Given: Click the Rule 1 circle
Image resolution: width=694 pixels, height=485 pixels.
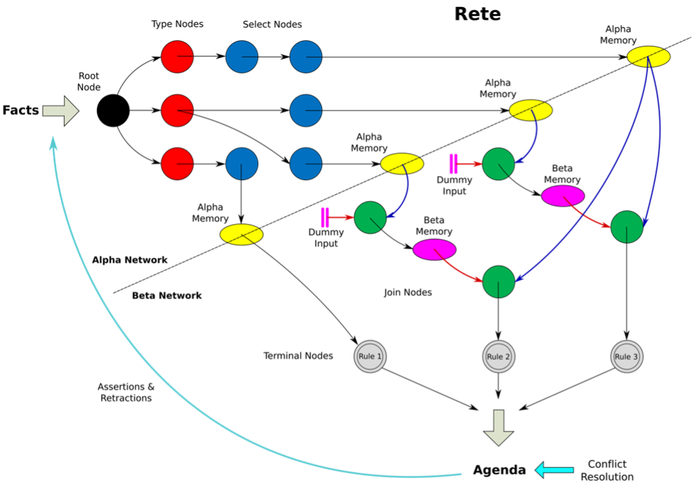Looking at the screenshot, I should pos(370,356).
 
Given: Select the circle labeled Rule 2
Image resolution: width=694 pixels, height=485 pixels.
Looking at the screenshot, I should pos(499,356).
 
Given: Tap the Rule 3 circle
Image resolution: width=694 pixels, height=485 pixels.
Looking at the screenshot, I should pos(627,356).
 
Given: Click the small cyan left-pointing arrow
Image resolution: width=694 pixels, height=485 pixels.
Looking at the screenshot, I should pos(554,470).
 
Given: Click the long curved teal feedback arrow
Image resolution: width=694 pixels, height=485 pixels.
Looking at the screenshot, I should pos(128,357).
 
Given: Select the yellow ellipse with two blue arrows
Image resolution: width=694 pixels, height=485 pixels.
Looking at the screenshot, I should pos(649,57).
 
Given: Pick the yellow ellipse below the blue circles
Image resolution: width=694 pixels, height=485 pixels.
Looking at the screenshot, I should pos(241,235).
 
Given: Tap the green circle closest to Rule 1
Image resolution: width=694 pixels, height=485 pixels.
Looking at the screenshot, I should pos(370,218).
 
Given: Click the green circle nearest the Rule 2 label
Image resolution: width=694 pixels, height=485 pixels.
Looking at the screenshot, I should pos(499,282).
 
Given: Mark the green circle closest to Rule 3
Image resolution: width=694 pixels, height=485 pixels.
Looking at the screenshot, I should pos(627,227).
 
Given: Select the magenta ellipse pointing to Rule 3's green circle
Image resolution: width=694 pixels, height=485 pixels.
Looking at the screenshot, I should pos(563,196).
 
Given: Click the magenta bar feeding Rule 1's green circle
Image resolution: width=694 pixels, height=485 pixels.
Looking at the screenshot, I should pos(325,218).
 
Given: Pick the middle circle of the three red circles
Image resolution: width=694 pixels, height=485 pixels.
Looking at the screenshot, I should pos(177,110).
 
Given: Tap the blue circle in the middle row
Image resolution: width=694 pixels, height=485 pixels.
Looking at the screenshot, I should pos(306,110).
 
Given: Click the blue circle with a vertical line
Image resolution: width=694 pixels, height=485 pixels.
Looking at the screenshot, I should pos(242,164).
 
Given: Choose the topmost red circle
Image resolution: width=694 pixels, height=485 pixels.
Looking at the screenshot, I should pos(177,57).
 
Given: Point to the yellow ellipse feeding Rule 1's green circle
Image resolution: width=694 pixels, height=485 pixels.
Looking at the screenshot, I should pos(402,164).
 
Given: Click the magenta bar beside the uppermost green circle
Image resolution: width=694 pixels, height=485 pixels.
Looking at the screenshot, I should pos(453,164).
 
